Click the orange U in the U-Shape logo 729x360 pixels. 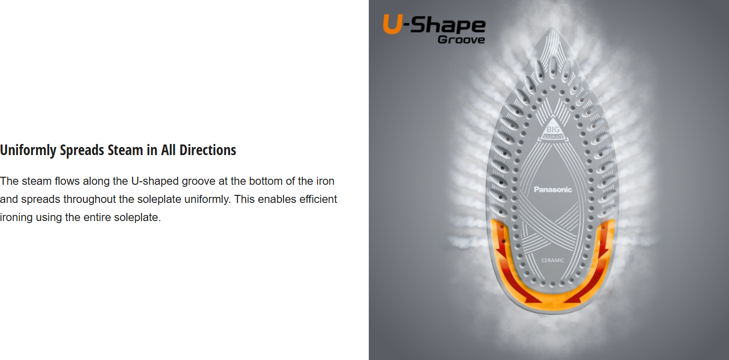pyautogui.click(x=393, y=24)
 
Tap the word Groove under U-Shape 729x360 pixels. pyautogui.click(x=461, y=40)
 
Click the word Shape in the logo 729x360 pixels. pyautogui.click(x=448, y=26)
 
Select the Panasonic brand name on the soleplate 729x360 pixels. pyautogui.click(x=553, y=189)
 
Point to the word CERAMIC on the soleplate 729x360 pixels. pyautogui.click(x=553, y=260)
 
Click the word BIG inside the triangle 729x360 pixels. pyautogui.click(x=553, y=129)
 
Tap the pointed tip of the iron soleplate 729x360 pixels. pyautogui.click(x=552, y=28)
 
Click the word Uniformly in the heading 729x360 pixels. pyautogui.click(x=28, y=150)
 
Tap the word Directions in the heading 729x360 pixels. pyautogui.click(x=208, y=150)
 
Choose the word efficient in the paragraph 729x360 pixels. pyautogui.click(x=318, y=199)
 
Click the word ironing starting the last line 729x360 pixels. pyautogui.click(x=16, y=218)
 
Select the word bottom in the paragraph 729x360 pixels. pyautogui.click(x=266, y=181)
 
